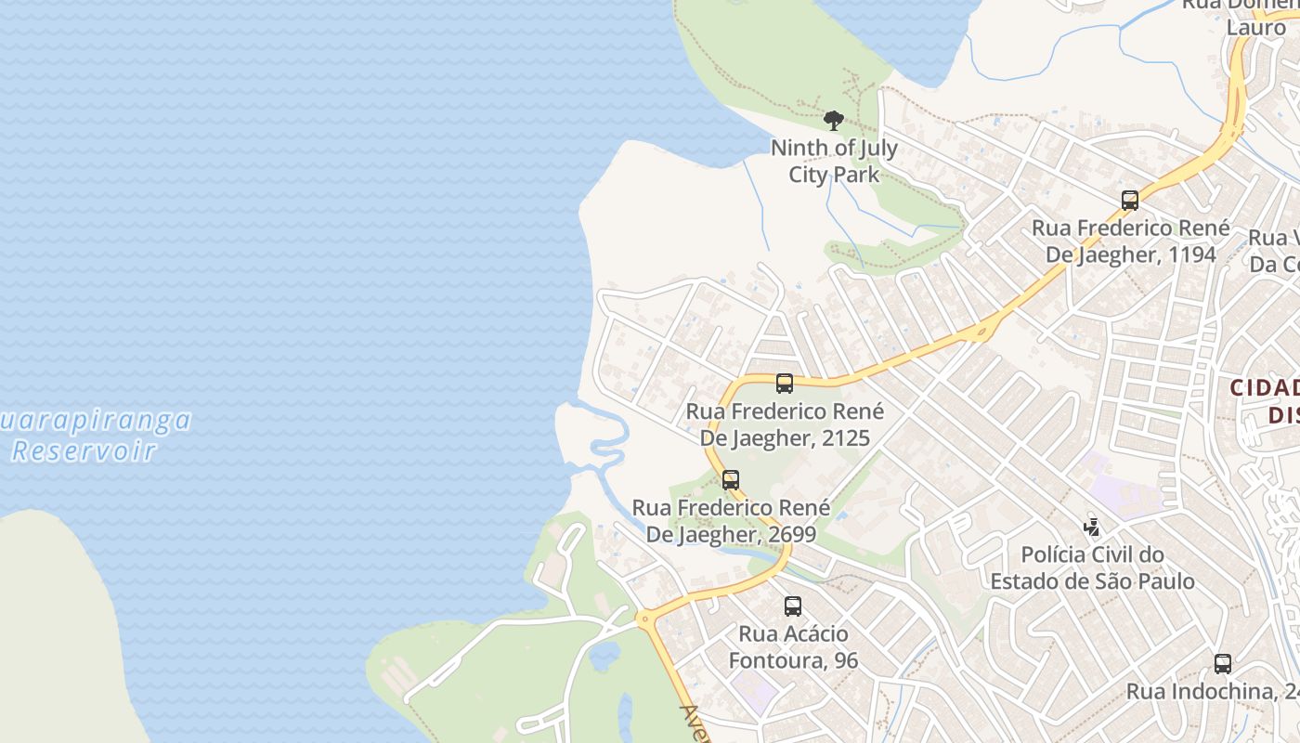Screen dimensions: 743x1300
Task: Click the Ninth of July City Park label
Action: [x=833, y=161]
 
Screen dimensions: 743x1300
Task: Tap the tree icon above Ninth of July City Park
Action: [x=833, y=120]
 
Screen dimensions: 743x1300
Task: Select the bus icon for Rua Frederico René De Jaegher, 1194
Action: [x=1129, y=200]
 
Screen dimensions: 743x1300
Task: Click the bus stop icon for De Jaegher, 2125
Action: [x=784, y=383]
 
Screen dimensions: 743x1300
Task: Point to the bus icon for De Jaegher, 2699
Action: [x=731, y=480]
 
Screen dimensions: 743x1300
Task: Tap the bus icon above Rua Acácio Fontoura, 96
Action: [x=792, y=606]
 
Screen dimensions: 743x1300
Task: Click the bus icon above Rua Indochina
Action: [x=1223, y=664]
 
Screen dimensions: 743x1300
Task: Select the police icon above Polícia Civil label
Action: [x=1092, y=528]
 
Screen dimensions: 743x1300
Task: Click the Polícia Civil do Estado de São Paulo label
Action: [x=1092, y=567]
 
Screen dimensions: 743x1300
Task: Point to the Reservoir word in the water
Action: [x=84, y=451]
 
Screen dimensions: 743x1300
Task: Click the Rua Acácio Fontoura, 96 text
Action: [x=793, y=646]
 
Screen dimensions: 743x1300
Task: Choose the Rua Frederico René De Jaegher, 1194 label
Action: [x=1130, y=241]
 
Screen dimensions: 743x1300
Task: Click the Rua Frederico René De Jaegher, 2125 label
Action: [x=785, y=424]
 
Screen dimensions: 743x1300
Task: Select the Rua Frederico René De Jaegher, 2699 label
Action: [x=731, y=521]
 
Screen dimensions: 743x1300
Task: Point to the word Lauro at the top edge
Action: [x=1255, y=27]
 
